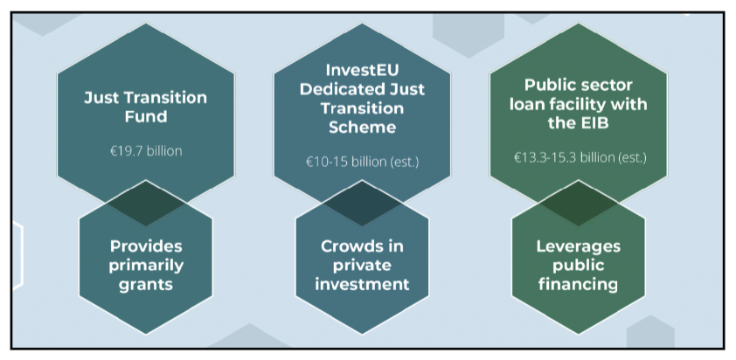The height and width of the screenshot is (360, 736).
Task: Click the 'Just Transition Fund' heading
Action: (145, 107)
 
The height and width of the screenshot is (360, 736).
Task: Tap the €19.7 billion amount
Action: (145, 152)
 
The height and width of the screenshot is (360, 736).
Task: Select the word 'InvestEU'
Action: (362, 71)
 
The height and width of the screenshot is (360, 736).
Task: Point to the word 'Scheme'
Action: (362, 128)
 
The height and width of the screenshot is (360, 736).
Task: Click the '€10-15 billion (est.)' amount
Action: (362, 162)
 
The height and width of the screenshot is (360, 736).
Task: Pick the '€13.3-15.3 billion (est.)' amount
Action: (579, 157)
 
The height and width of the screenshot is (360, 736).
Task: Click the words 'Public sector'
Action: (579, 86)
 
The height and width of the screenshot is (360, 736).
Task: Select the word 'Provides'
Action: (145, 246)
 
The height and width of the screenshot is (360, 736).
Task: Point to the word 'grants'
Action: (145, 285)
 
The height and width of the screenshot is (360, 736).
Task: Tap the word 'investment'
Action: (362, 285)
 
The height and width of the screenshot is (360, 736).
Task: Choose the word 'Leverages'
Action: (579, 246)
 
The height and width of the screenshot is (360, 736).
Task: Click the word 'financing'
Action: (579, 285)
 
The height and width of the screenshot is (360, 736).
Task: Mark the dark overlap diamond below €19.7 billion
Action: (145, 203)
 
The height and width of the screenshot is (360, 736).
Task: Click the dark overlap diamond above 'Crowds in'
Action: (362, 203)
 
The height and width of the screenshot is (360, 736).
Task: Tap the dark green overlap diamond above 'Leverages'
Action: (579, 203)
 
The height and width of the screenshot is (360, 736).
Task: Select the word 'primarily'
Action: (145, 266)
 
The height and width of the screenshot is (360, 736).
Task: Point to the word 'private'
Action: (362, 265)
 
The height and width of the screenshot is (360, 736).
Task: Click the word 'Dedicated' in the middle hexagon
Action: (340, 89)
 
